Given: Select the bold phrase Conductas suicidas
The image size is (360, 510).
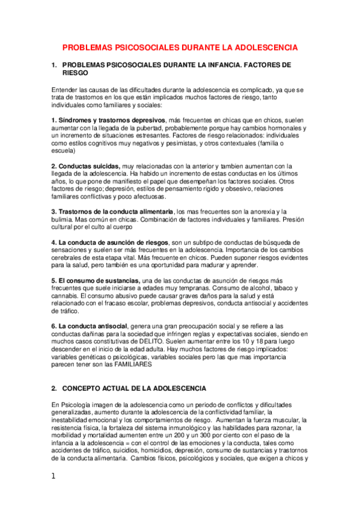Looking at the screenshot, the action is [88, 166].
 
